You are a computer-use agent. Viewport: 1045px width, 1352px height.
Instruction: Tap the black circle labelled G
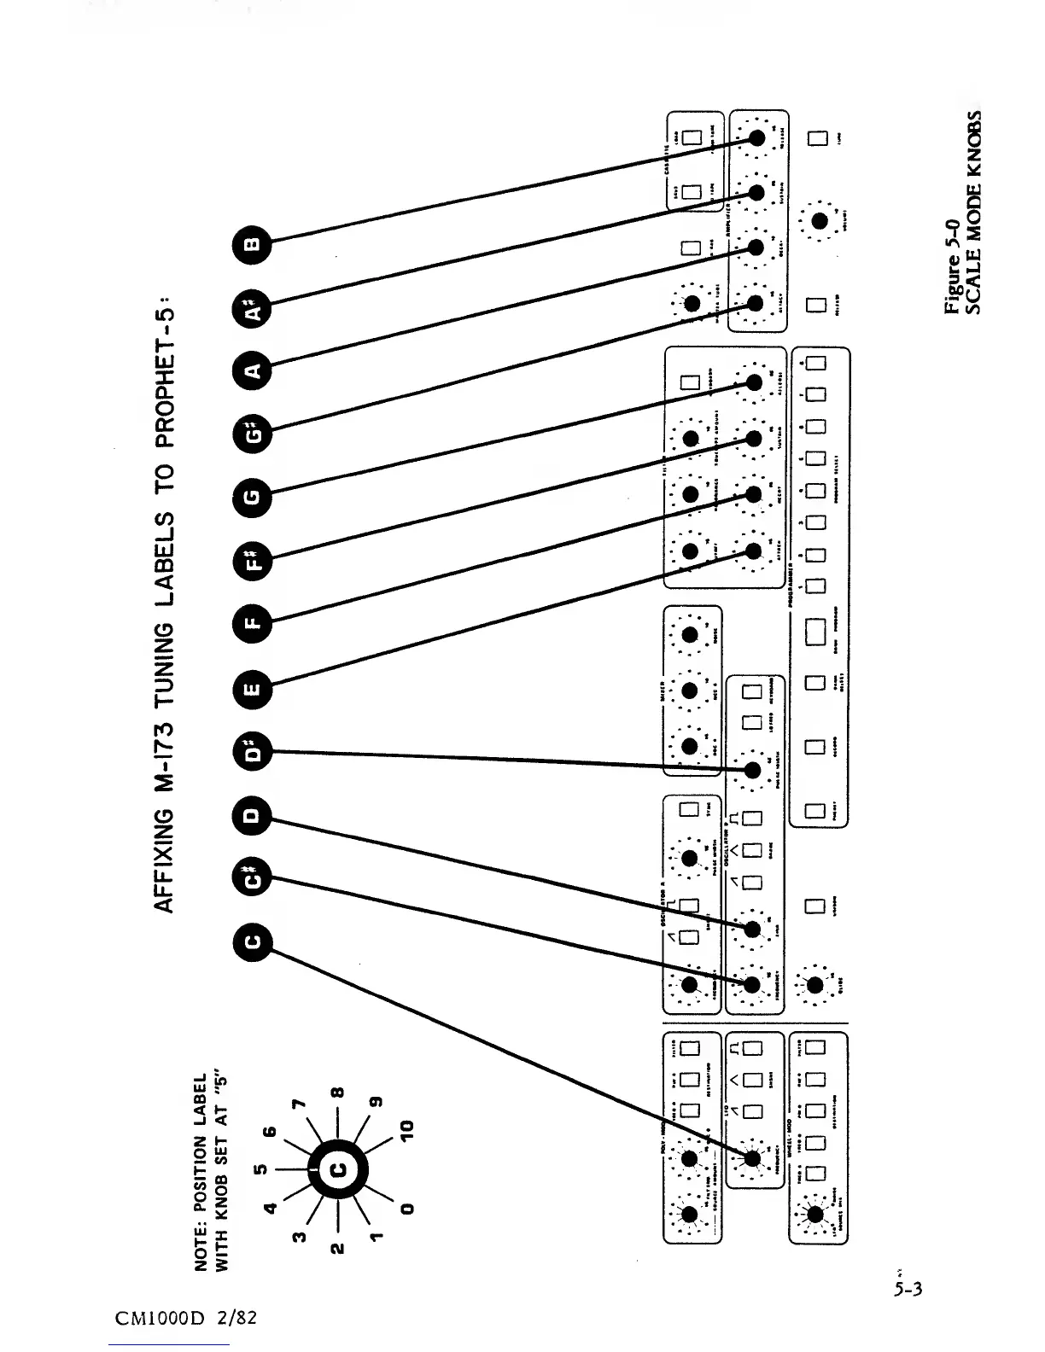(x=254, y=495)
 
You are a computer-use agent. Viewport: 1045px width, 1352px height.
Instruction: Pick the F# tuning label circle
(x=254, y=562)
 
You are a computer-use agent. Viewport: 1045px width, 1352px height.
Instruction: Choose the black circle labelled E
(x=254, y=687)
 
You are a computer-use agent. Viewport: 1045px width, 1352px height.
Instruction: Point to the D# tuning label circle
(x=254, y=751)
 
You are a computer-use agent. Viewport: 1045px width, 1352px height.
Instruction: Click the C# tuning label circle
(x=254, y=879)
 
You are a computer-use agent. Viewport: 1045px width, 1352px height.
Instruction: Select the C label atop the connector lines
(x=254, y=942)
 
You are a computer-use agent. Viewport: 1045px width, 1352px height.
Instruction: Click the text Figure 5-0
(x=954, y=267)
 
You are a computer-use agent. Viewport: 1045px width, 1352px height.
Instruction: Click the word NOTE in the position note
(x=202, y=1248)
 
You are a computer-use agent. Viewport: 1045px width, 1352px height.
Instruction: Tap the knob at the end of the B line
(x=756, y=138)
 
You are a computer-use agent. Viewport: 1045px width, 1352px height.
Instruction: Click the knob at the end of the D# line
(x=753, y=770)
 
